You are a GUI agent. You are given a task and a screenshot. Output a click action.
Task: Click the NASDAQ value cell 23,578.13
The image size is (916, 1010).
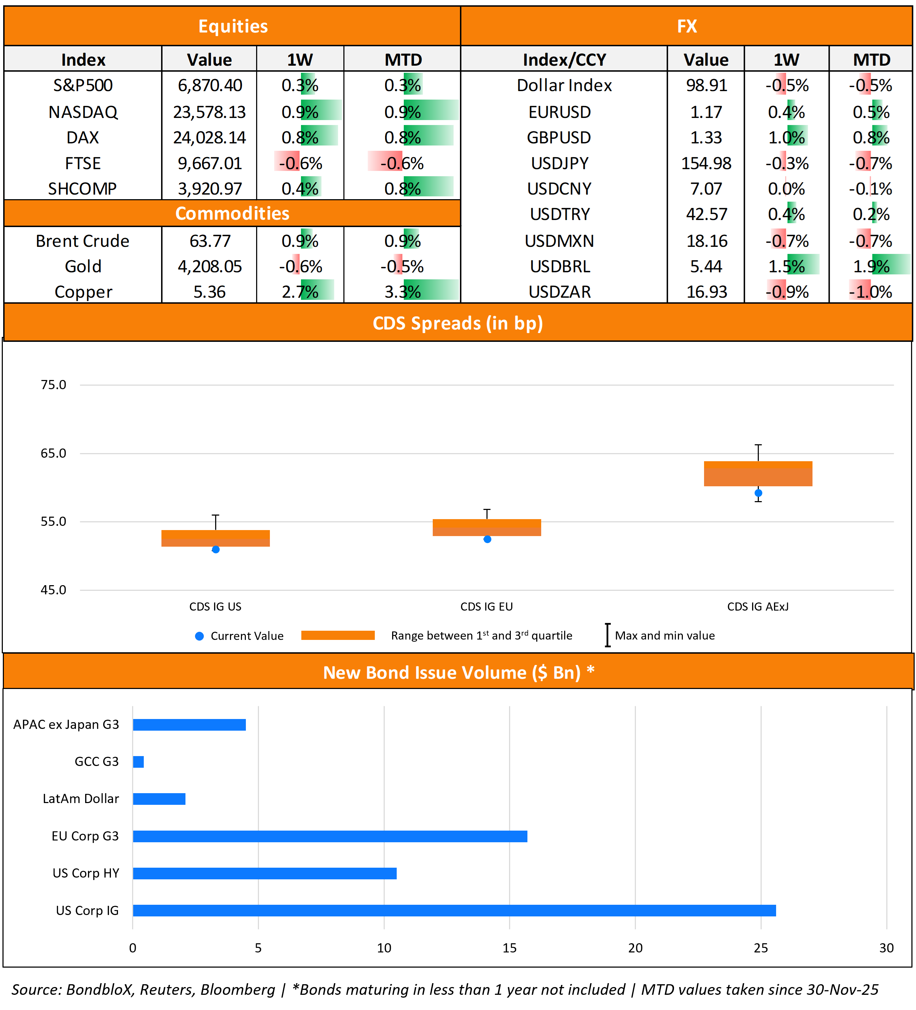pos(209,112)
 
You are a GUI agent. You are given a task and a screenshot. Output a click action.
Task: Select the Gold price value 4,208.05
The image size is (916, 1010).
pos(209,266)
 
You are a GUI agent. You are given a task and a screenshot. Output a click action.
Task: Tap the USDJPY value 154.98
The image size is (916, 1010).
pos(706,163)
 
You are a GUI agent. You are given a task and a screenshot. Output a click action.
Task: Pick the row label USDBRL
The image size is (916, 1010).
pos(560,266)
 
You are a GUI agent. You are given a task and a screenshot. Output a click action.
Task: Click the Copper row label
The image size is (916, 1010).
pos(83,292)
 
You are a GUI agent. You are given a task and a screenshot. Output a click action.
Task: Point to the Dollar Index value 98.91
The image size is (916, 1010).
pos(706,85)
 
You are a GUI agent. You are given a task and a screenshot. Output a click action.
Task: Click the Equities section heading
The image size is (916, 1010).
pos(233,26)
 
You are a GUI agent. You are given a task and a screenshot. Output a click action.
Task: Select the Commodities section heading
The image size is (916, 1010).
pos(232,213)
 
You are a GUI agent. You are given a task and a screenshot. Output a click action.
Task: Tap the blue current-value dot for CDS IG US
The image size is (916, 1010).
pos(215,549)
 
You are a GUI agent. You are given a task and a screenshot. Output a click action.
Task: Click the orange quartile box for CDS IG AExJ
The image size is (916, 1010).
pos(758,474)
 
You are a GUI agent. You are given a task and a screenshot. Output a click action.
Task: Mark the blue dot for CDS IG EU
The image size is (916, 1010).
pos(487,539)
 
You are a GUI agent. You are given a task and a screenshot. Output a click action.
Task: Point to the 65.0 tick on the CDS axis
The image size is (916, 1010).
pos(53,453)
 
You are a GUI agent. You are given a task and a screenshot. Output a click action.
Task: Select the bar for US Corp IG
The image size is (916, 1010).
pos(454,910)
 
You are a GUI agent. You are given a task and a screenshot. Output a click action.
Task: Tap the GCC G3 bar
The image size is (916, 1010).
pos(138,761)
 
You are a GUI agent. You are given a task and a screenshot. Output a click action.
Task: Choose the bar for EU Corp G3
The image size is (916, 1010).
pos(330,836)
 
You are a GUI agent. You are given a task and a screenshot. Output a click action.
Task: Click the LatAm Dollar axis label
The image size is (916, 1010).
pos(81,798)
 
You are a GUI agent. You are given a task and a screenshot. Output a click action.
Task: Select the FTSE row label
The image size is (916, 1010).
pos(83,163)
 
